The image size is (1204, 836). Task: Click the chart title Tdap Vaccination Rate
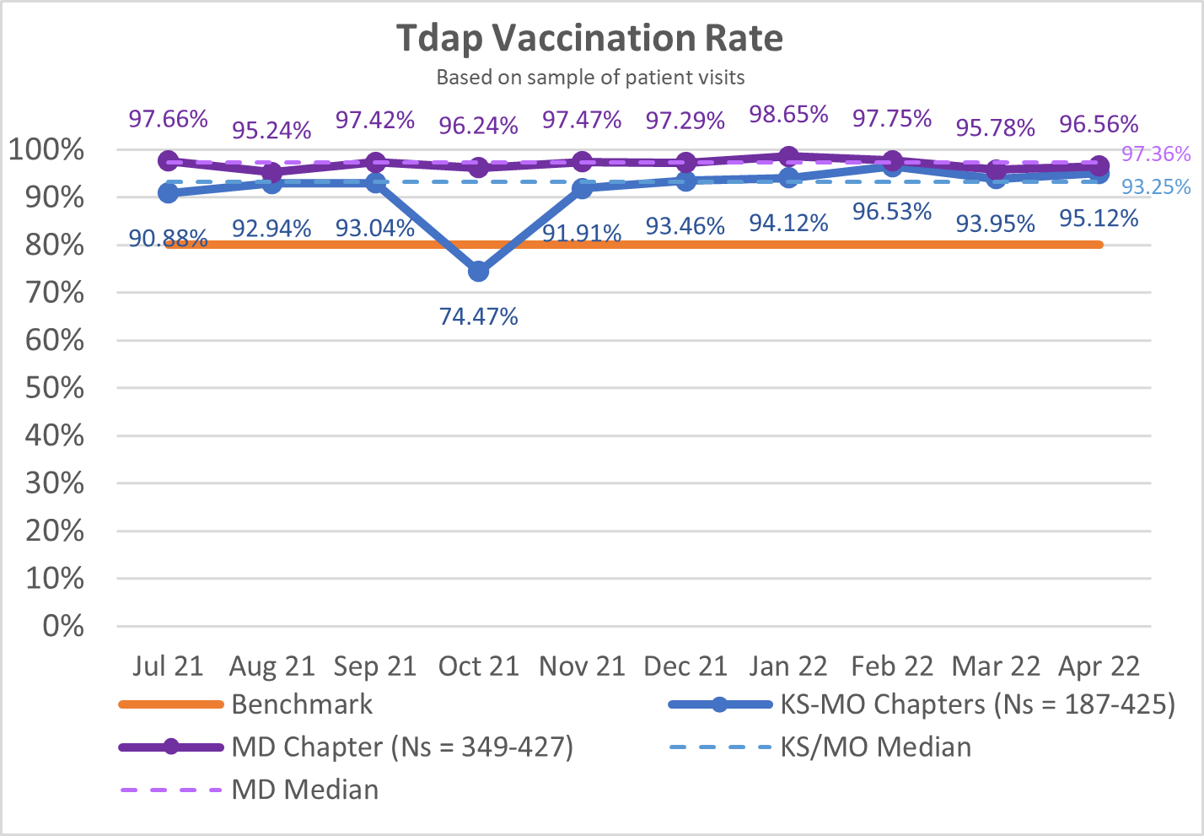pyautogui.click(x=589, y=38)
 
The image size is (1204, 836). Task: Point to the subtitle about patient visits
pyautogui.click(x=590, y=78)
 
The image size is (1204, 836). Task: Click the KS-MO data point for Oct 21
pyautogui.click(x=478, y=271)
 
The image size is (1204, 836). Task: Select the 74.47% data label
pyautogui.click(x=478, y=316)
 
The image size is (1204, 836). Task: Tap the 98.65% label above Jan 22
pyautogui.click(x=788, y=114)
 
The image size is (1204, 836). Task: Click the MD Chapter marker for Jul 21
pyautogui.click(x=168, y=161)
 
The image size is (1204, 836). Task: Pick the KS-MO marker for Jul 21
pyautogui.click(x=168, y=193)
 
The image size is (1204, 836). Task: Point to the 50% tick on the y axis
pyautogui.click(x=58, y=388)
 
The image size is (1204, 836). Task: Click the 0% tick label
pyautogui.click(x=63, y=626)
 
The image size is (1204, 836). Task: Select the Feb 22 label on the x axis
pyautogui.click(x=892, y=666)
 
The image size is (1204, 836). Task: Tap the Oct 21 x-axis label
pyautogui.click(x=478, y=666)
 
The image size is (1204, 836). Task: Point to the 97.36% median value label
pyautogui.click(x=1156, y=154)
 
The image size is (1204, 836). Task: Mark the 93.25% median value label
pyautogui.click(x=1156, y=186)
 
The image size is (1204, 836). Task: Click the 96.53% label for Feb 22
pyautogui.click(x=892, y=211)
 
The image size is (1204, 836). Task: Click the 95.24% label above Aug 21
pyautogui.click(x=271, y=130)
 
